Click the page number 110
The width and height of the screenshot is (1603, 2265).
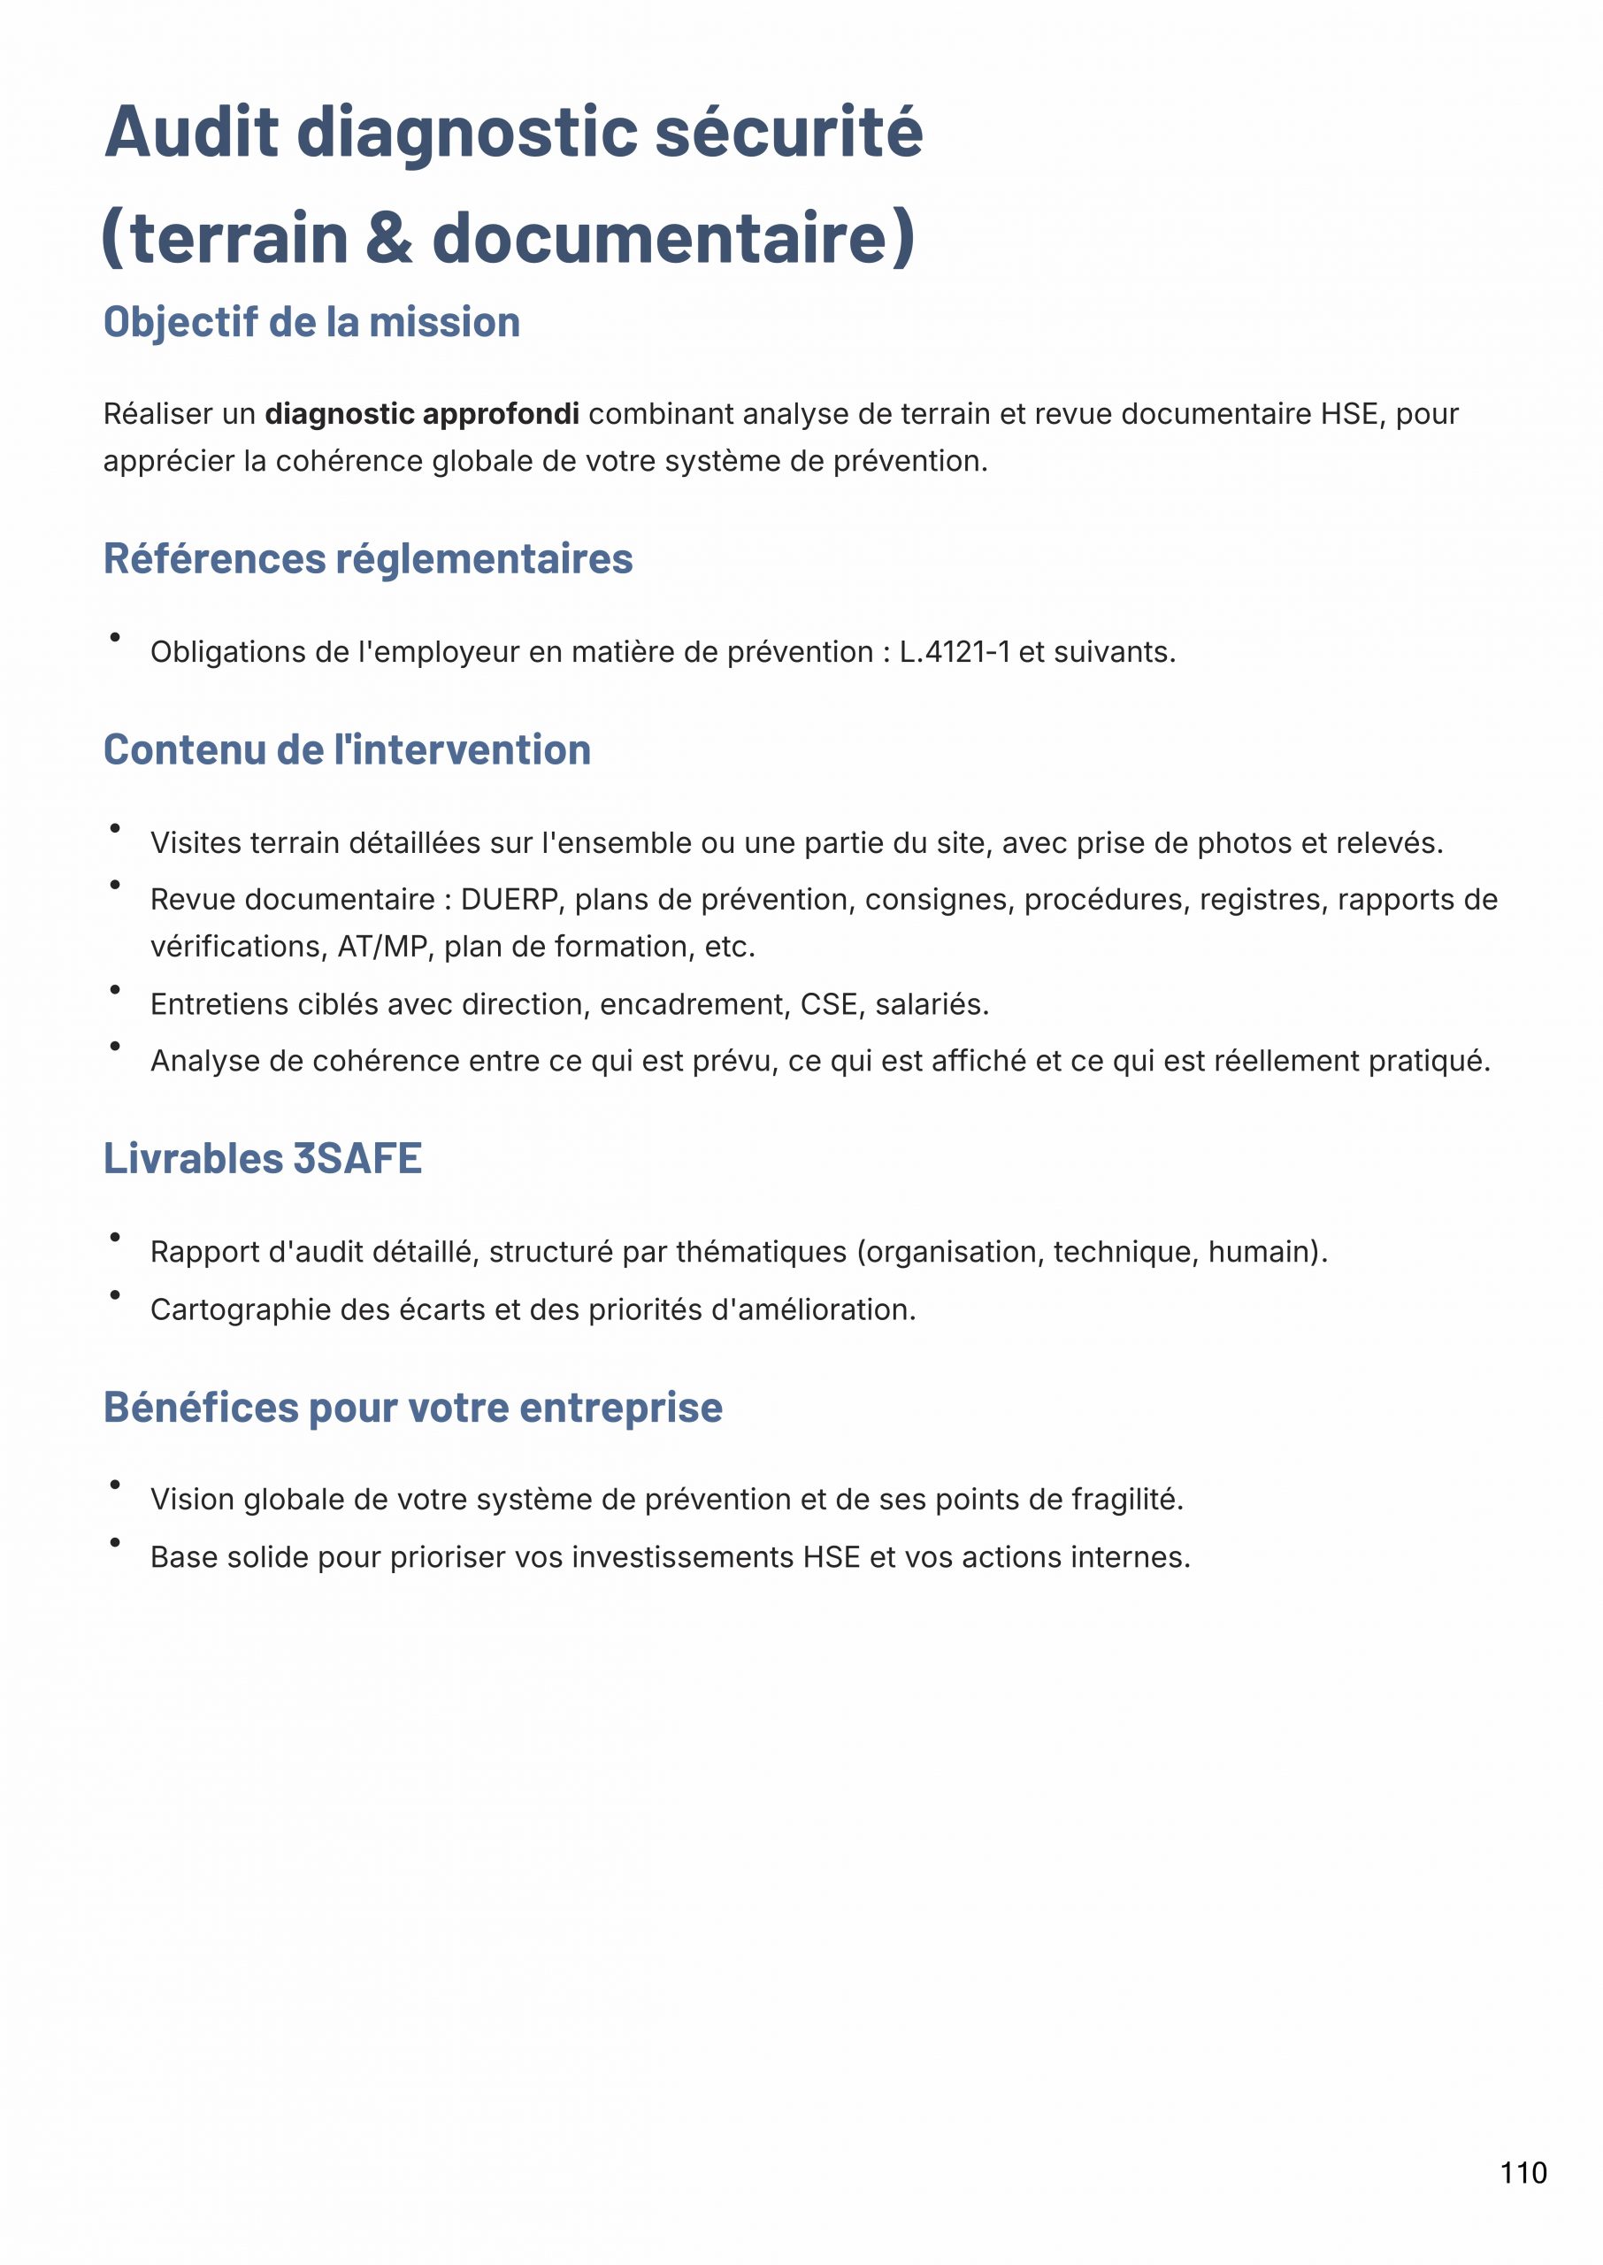1523,2172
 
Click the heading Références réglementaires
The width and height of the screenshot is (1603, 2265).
367,558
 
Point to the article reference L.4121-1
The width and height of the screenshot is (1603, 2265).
954,652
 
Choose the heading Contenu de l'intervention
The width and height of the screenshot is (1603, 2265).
347,750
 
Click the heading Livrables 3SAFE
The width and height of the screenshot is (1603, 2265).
263,1159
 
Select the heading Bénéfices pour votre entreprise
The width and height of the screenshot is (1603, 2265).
412,1408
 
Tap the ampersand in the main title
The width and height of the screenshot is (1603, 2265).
389,239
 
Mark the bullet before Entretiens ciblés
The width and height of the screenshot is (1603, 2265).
116,989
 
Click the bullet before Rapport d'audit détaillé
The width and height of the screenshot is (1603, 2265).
116,1237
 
